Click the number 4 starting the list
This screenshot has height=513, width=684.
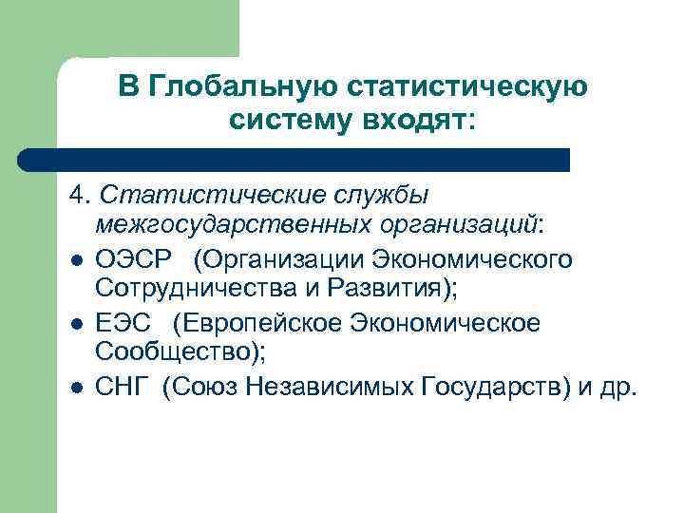pos(76,195)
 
